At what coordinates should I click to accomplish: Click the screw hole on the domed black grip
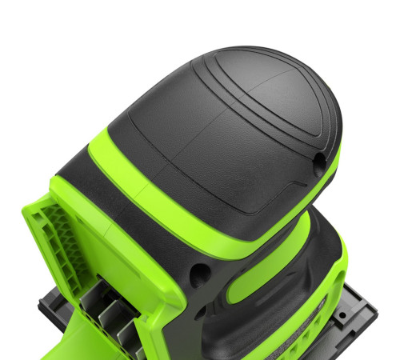[x=319, y=161]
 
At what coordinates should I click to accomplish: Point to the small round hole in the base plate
[x=342, y=314]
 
